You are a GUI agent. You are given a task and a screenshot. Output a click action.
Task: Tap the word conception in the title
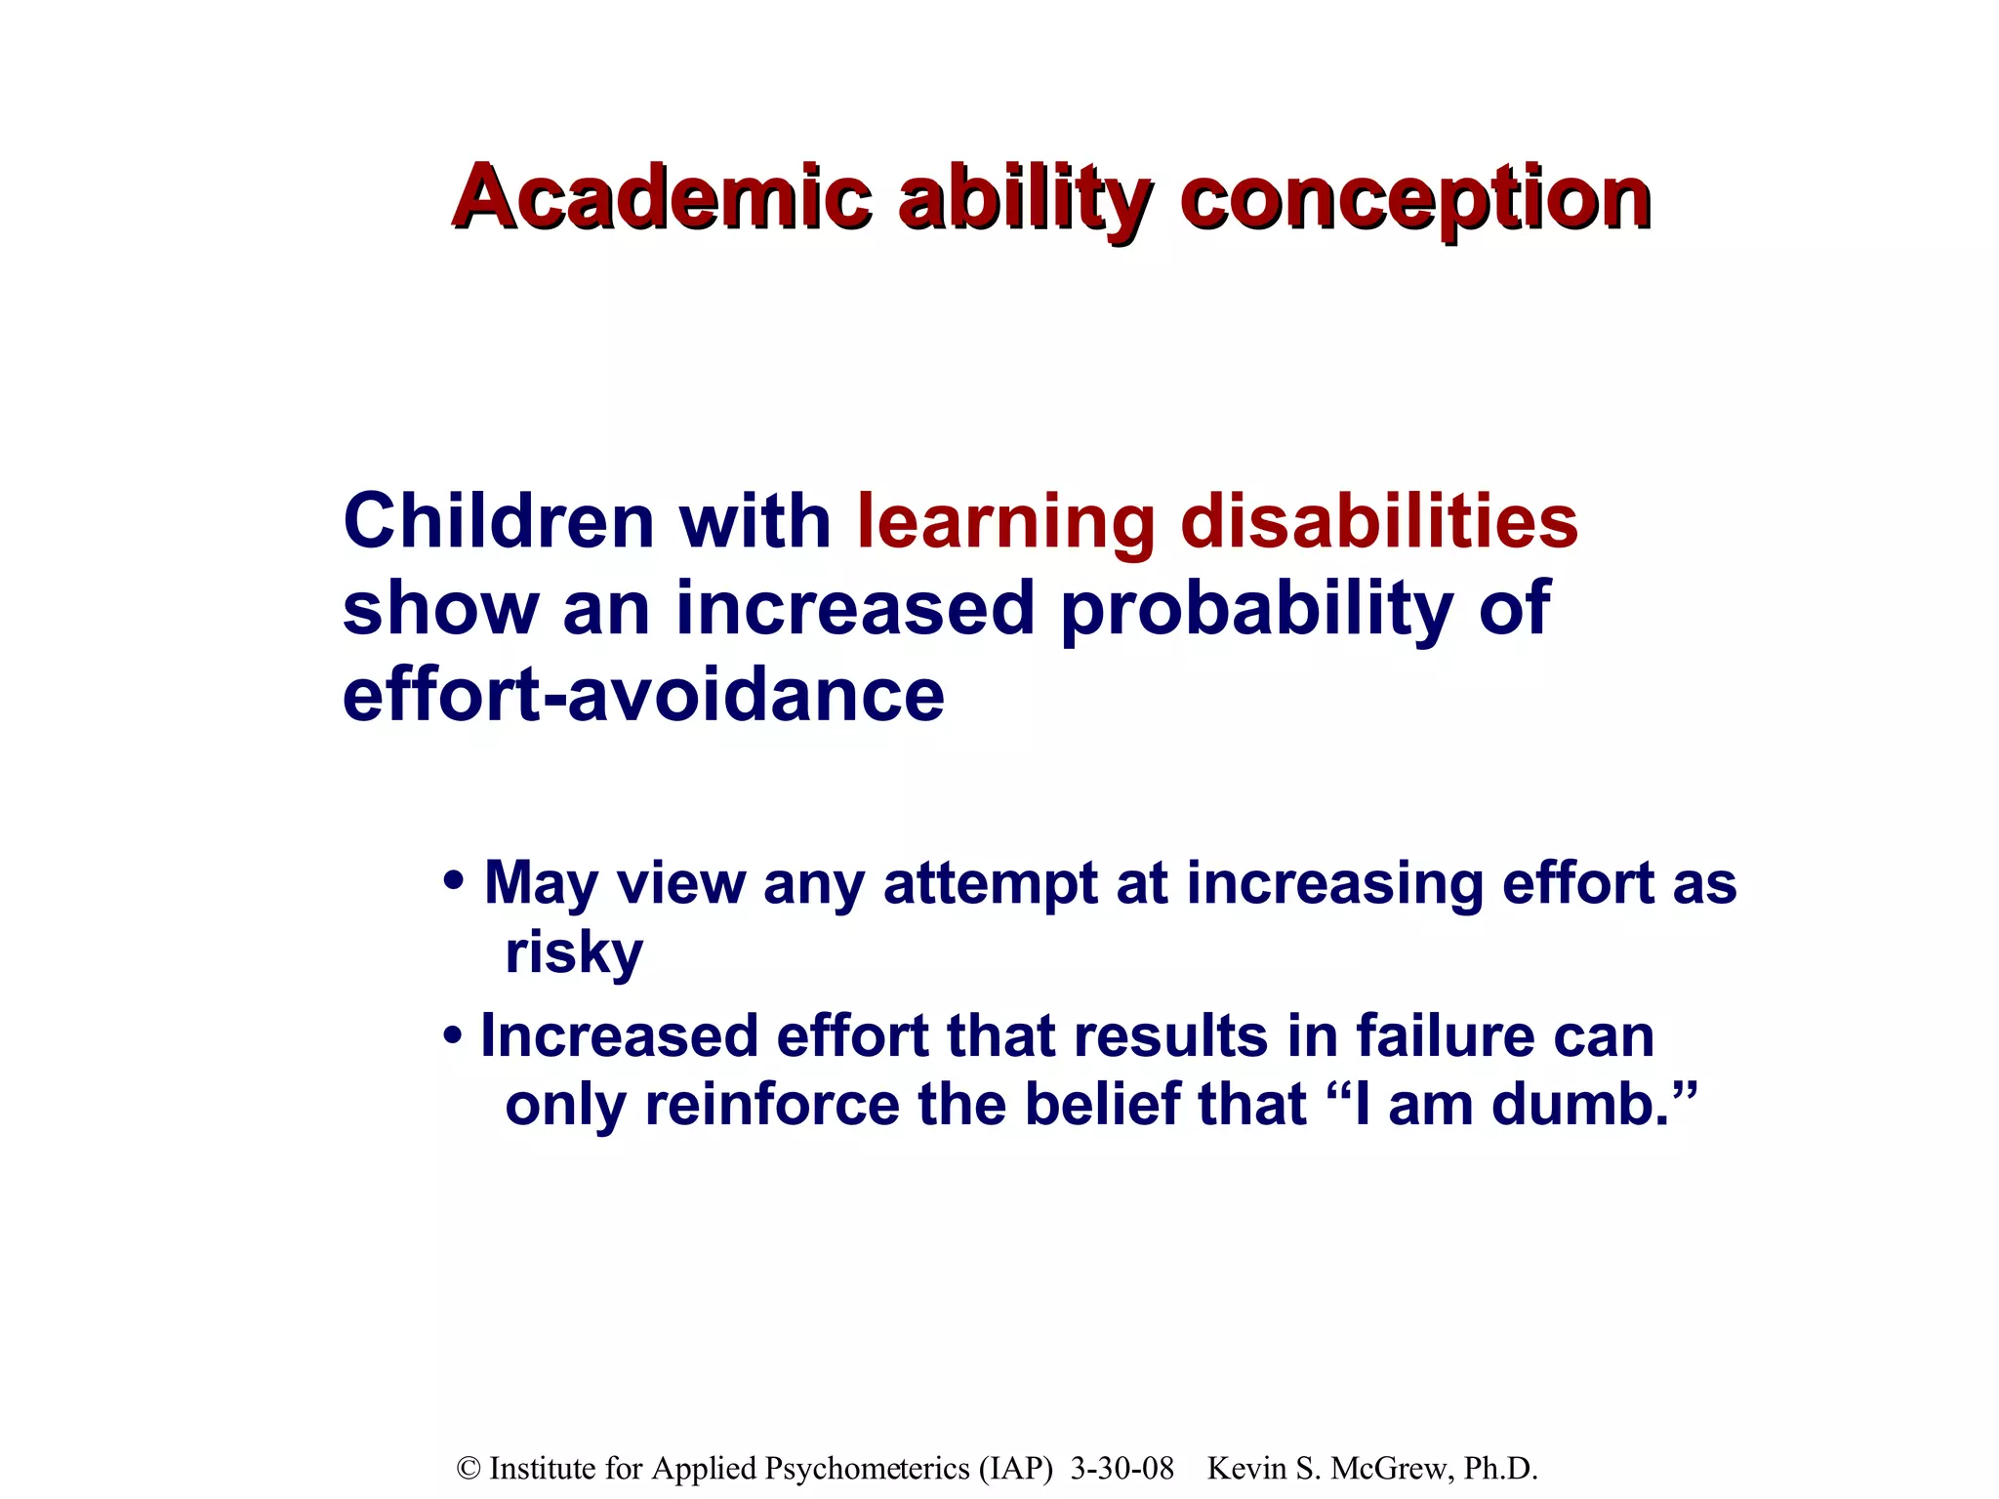tap(1415, 199)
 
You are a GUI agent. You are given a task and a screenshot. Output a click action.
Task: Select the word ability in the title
tap(1025, 199)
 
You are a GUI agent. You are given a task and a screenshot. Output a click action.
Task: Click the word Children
tap(498, 521)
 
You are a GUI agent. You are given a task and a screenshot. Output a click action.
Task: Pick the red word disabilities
tap(1379, 521)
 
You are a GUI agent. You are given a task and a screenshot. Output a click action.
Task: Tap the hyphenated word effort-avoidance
tap(643, 695)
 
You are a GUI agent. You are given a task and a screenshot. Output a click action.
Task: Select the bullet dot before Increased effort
tap(452, 1035)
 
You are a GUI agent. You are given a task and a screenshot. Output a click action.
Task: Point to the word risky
tap(574, 952)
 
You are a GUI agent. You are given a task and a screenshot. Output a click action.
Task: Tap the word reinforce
tap(772, 1106)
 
